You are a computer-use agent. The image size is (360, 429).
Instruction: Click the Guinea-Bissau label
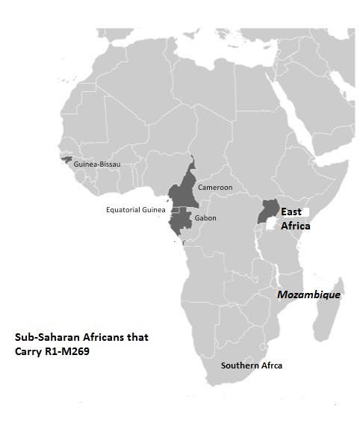tap(97, 164)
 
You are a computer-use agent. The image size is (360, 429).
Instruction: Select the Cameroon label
tap(215, 187)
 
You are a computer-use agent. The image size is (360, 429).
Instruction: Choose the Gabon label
tap(205, 217)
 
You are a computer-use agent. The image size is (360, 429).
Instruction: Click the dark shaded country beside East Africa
tap(267, 211)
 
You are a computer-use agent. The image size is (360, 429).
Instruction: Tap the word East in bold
tap(291, 212)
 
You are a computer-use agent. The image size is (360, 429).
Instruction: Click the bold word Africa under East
tap(295, 226)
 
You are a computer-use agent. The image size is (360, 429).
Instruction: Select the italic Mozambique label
tap(308, 294)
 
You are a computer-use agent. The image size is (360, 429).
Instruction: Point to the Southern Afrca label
tap(251, 365)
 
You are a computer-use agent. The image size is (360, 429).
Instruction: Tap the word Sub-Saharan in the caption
tap(46, 337)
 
